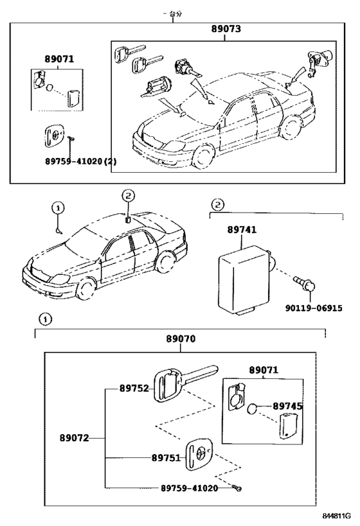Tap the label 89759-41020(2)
81,161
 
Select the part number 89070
181,338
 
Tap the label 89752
134,389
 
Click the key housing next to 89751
200,455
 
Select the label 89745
287,406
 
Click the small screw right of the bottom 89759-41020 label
239,489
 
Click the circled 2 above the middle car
128,195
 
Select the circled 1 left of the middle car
58,207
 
